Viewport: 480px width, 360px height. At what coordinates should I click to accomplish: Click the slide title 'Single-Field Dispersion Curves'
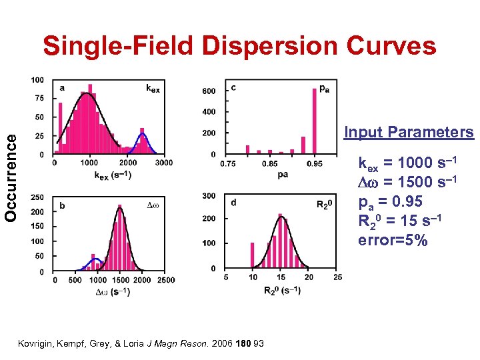239,46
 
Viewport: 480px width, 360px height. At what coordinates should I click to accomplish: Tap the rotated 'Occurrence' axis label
12,176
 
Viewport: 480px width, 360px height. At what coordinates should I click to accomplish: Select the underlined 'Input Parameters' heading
408,132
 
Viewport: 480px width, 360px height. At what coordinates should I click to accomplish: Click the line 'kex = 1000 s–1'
407,163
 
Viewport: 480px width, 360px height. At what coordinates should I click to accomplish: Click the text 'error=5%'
393,239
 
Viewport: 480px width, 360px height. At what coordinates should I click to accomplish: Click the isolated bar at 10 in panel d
253,255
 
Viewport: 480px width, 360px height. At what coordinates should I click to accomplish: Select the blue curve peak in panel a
142,135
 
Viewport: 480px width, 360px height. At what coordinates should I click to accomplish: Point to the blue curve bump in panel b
96,259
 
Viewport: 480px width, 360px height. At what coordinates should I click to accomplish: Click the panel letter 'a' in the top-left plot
62,87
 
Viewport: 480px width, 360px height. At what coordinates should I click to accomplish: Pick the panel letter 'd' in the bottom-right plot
233,202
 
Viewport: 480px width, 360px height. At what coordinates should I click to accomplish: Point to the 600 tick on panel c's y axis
209,91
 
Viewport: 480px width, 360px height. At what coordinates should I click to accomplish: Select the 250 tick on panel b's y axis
37,197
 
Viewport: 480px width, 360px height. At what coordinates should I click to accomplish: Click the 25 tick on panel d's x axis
337,277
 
